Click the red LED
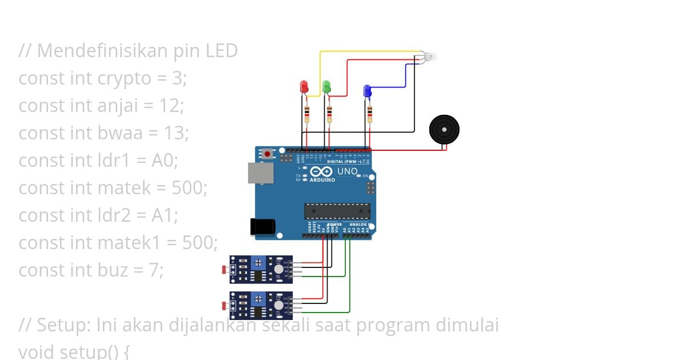click(304, 87)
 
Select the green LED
click(326, 86)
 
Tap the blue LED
click(367, 90)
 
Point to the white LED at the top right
click(430, 56)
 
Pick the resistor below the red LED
click(308, 114)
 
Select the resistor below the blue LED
click(369, 114)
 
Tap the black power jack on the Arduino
click(262, 227)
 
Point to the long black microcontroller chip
click(337, 211)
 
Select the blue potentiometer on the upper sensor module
click(258, 262)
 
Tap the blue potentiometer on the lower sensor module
click(258, 298)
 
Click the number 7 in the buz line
click(157, 270)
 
